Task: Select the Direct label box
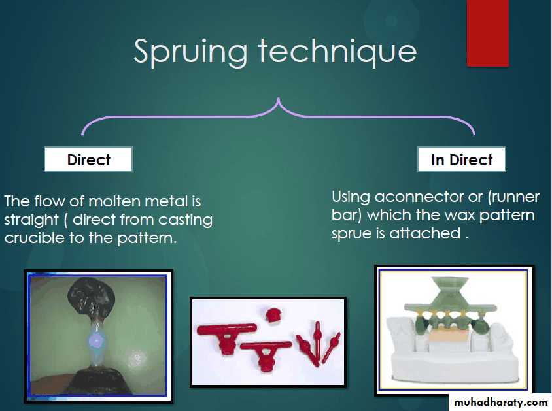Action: [88, 159]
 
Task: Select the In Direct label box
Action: [462, 159]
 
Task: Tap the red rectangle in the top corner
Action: [487, 33]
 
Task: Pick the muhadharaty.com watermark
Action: [500, 403]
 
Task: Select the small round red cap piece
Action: [273, 315]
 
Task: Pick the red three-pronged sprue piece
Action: [318, 343]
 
